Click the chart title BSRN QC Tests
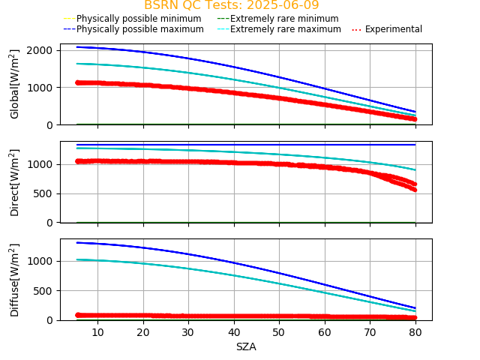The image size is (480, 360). coord(231,5)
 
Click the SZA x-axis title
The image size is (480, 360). coord(246,346)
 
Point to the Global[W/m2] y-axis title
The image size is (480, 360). coord(15,84)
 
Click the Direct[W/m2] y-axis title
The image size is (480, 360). coord(15,182)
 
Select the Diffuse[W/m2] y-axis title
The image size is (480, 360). coord(15,280)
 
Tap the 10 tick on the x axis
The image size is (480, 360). coord(97,331)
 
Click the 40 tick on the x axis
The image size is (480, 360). coord(234,331)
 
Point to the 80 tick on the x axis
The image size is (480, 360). coord(415,331)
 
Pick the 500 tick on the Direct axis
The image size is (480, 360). coord(44,193)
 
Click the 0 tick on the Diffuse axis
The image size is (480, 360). coord(51,320)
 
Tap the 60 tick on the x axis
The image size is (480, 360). coord(325,331)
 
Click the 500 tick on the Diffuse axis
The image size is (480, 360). coord(44,291)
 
